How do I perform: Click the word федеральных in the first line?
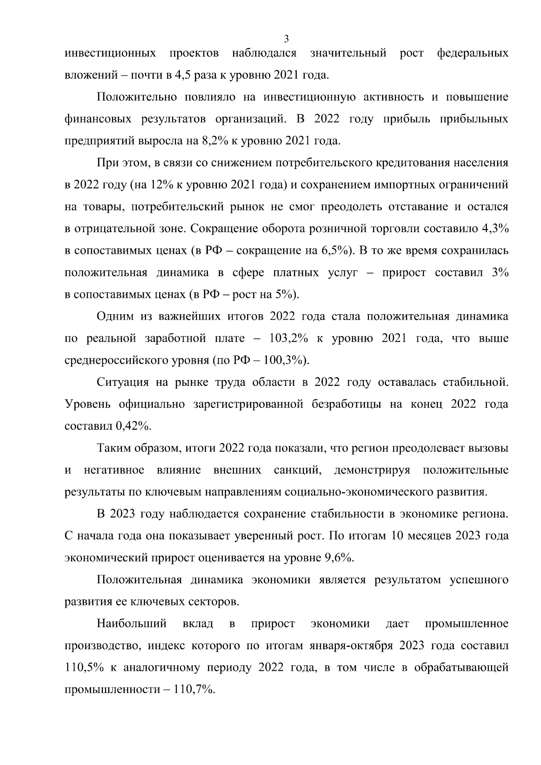[x=472, y=54]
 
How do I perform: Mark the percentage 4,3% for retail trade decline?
[x=495, y=229]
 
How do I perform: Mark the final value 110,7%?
[x=195, y=690]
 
